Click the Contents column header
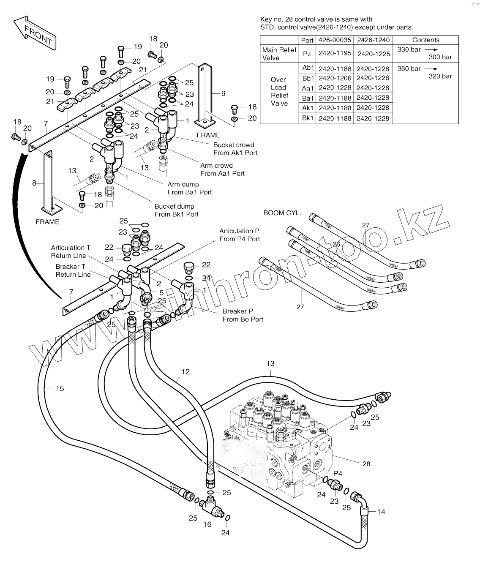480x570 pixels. pyautogui.click(x=425, y=40)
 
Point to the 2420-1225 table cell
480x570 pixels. pyautogui.click(x=374, y=54)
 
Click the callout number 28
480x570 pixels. pyautogui.click(x=366, y=464)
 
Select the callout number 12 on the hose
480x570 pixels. pyautogui.click(x=185, y=372)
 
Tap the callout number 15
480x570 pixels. pyautogui.click(x=60, y=388)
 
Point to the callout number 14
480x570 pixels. pyautogui.click(x=381, y=512)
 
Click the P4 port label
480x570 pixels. pyautogui.click(x=338, y=473)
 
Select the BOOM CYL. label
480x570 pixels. pyautogui.click(x=282, y=213)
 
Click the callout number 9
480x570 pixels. pyautogui.click(x=224, y=93)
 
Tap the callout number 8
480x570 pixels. pyautogui.click(x=35, y=183)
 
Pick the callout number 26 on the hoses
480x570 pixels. pyautogui.click(x=336, y=244)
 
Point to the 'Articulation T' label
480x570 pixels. pyautogui.click(x=71, y=248)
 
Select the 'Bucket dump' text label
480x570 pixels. pyautogui.click(x=174, y=206)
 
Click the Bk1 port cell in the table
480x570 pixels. pyautogui.click(x=308, y=118)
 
